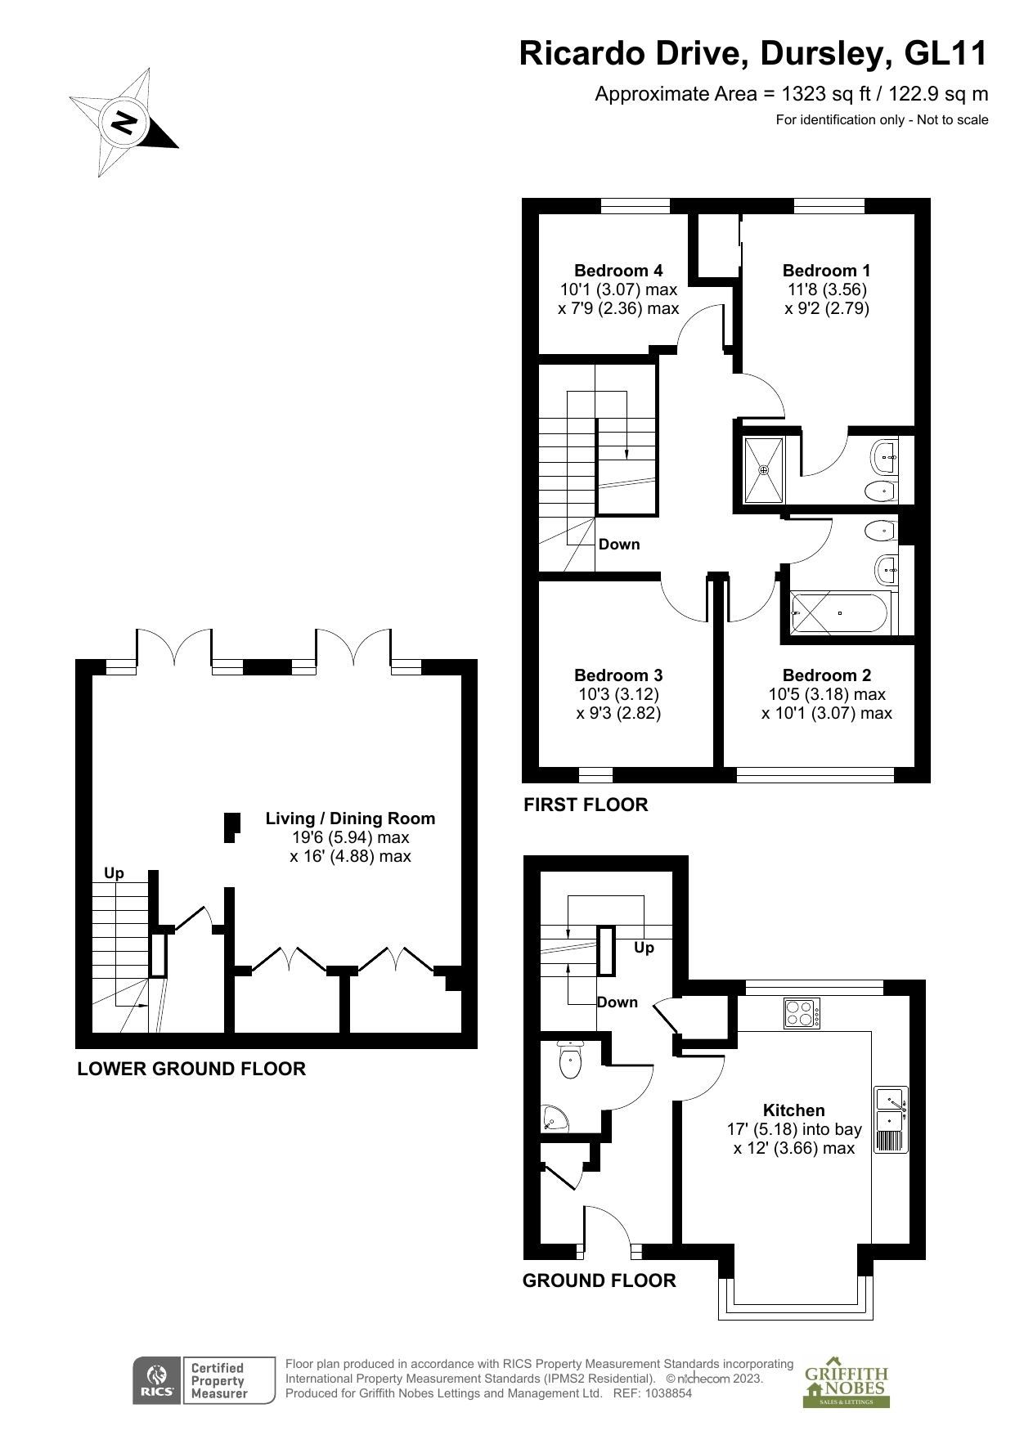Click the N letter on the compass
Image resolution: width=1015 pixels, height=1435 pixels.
pyautogui.click(x=124, y=123)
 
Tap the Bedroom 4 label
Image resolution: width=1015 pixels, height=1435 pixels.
pyautogui.click(x=618, y=271)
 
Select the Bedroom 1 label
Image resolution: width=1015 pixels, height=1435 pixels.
pyautogui.click(x=826, y=271)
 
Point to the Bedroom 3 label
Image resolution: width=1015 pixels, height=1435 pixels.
pyautogui.click(x=618, y=675)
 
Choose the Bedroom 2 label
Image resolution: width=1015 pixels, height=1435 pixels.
pyautogui.click(x=827, y=675)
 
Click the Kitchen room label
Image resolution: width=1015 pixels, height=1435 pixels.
pyautogui.click(x=793, y=1110)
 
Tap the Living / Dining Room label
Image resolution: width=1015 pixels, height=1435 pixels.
pyautogui.click(x=350, y=818)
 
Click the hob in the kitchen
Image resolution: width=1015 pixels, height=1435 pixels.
pyautogui.click(x=802, y=1014)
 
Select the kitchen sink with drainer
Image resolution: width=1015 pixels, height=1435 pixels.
pyautogui.click(x=891, y=1119)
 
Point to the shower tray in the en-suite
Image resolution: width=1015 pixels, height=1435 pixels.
pyautogui.click(x=763, y=470)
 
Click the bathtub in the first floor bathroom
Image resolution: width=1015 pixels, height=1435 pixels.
pyautogui.click(x=838, y=612)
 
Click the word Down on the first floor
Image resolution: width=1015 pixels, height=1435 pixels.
pyautogui.click(x=619, y=545)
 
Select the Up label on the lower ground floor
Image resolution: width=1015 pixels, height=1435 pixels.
pyautogui.click(x=114, y=873)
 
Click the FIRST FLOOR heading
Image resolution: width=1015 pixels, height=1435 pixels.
pyautogui.click(x=586, y=805)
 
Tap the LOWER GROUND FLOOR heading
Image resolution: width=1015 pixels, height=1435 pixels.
pyautogui.click(x=191, y=1069)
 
